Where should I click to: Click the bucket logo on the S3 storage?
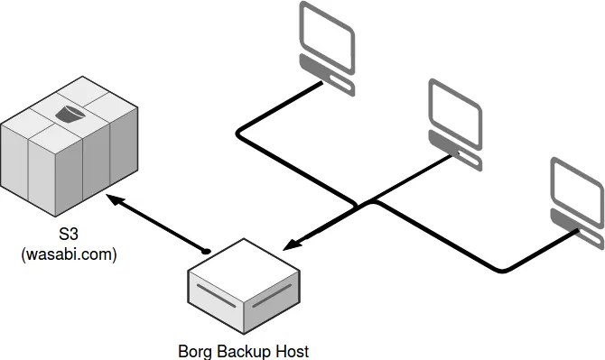pos(70,113)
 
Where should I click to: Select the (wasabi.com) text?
pos(69,255)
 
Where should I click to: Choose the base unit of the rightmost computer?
pos(579,230)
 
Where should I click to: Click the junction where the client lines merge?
pos(371,202)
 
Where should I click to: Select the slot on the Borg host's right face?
pos(274,300)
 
